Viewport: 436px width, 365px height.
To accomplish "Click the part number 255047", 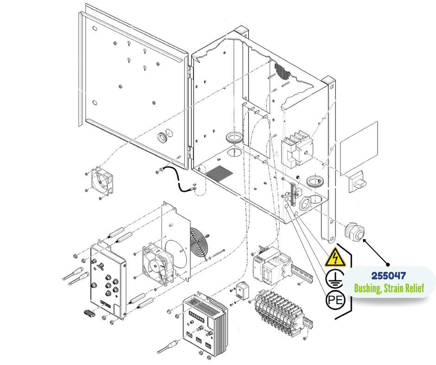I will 389,276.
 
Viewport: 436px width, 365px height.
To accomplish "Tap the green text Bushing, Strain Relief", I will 389,288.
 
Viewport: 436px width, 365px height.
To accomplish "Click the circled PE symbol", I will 335,300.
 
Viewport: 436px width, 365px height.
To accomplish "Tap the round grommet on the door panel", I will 163,137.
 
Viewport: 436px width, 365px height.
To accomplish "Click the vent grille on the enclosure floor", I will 219,174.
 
